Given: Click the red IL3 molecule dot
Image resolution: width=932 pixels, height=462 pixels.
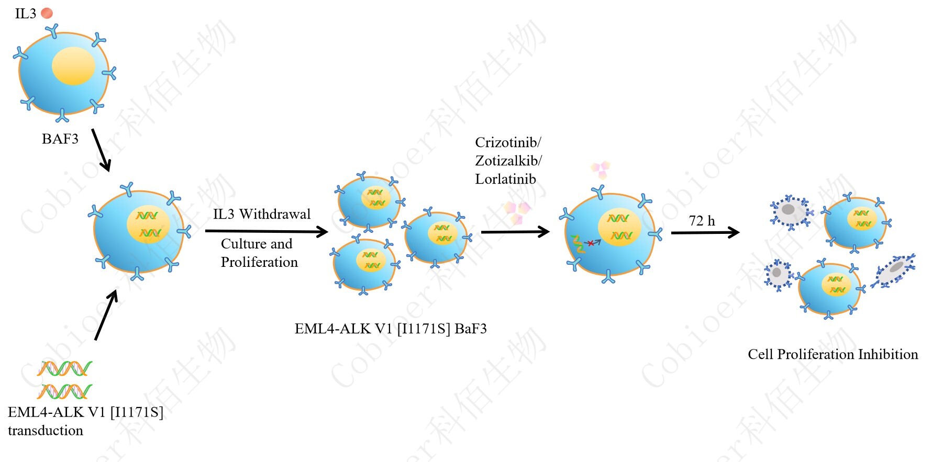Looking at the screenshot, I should coord(47,13).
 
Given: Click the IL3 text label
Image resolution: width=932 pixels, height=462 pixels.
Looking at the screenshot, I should coord(25,14).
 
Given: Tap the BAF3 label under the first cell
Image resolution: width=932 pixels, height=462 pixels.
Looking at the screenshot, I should coord(60,139).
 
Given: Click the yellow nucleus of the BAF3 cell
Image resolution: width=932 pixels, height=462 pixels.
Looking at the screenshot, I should coord(73,66).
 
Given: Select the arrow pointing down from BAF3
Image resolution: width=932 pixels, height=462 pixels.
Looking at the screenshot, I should coord(101,150).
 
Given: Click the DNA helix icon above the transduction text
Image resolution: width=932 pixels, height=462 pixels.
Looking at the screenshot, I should coord(64,379).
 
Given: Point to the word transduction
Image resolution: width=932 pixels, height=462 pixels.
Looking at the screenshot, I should coord(46,431).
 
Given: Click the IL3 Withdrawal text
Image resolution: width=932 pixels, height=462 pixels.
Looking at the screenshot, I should coord(262,214).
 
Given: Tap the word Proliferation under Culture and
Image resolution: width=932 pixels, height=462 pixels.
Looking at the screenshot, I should coord(259,262).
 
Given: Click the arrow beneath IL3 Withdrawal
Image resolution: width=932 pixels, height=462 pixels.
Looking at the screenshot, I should coord(266,231).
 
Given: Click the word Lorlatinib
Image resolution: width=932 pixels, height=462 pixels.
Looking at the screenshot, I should coord(505,179).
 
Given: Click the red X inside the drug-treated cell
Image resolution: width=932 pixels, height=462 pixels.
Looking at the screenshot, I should coord(591,243).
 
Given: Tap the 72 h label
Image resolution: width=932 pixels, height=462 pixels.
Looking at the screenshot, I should coord(702,221).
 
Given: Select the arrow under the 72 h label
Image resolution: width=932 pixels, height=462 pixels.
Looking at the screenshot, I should coord(705,232).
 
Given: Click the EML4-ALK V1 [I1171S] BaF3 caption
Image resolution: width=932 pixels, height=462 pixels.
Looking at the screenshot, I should coord(391,329).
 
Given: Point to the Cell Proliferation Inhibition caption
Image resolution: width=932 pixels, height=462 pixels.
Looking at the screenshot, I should coord(833,354).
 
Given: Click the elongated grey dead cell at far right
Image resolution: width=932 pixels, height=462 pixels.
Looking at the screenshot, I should coord(894,270).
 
